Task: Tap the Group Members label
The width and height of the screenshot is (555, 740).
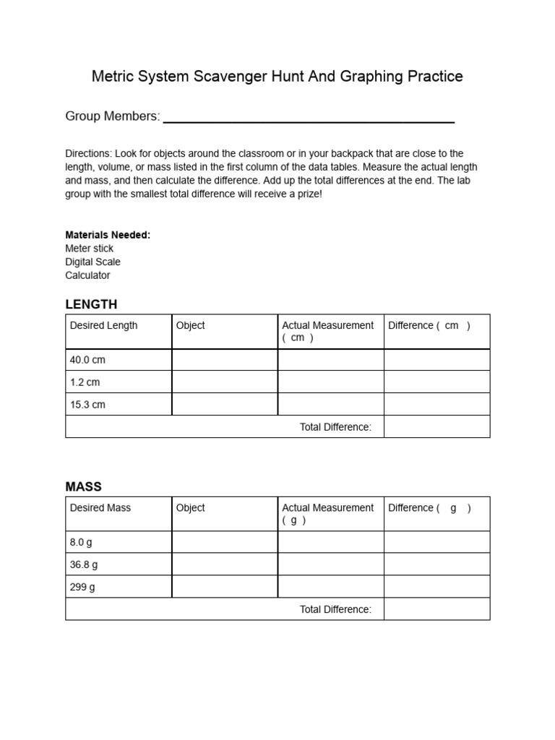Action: [112, 116]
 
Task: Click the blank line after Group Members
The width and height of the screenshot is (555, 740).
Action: [309, 119]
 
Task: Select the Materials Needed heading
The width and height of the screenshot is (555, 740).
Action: [108, 235]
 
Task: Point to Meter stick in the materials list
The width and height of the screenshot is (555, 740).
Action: [89, 249]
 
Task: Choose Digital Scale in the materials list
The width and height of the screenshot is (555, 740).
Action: [92, 262]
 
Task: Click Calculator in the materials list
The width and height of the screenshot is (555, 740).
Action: [87, 275]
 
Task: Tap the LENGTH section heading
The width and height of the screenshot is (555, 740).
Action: [91, 304]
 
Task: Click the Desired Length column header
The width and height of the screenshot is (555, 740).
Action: [103, 325]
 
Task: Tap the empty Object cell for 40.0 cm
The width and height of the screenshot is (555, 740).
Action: [224, 360]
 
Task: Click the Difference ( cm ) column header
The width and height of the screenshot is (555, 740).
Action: [429, 325]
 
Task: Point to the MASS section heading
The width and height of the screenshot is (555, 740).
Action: [84, 487]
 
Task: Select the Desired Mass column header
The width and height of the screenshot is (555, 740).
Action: [100, 508]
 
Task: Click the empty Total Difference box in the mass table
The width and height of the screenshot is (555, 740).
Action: [436, 609]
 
